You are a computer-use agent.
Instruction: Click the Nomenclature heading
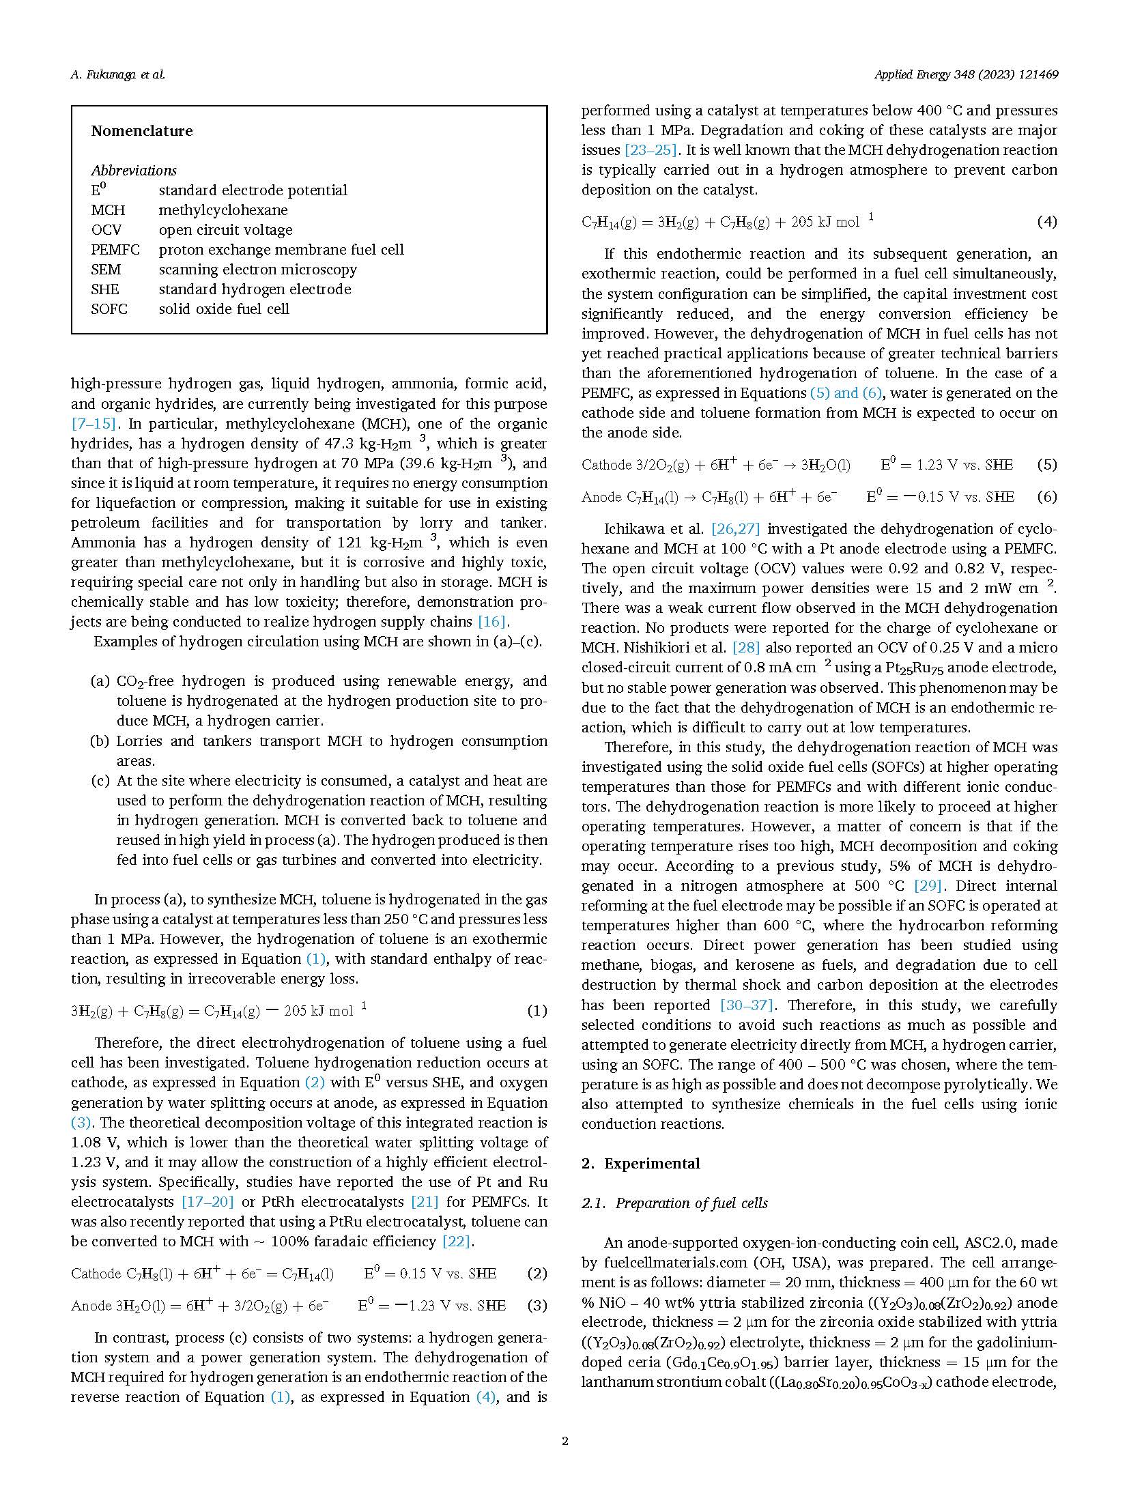point(142,131)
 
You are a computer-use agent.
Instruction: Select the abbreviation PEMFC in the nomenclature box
point(115,250)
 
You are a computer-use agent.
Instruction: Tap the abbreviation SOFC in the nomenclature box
point(109,309)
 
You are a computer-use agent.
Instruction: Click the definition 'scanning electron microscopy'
point(257,270)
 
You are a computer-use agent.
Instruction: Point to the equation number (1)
point(537,1011)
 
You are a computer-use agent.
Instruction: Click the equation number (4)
point(1047,222)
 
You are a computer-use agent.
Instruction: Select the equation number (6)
point(1047,497)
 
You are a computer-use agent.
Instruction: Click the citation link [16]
point(492,622)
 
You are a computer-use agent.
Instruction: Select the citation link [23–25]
point(650,150)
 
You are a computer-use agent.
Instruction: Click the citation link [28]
point(746,648)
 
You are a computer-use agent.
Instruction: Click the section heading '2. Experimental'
point(640,1164)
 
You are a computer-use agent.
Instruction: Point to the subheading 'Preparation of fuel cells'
point(691,1203)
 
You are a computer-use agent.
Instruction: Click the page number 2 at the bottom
point(564,1442)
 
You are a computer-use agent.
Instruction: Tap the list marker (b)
point(100,741)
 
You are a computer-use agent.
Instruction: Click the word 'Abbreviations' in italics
point(134,171)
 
